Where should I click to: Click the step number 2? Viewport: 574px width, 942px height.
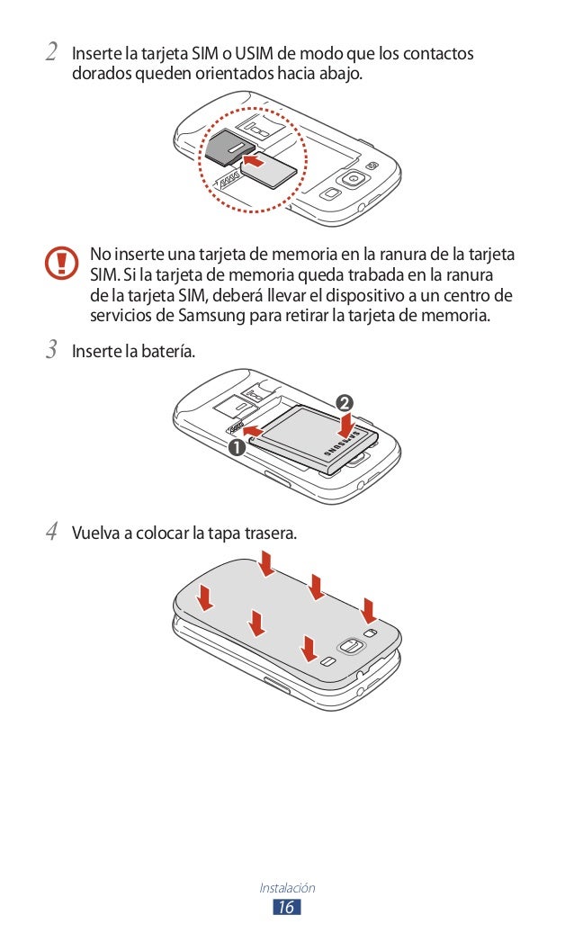pyautogui.click(x=52, y=51)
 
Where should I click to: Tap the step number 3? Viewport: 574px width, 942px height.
pyautogui.click(x=52, y=349)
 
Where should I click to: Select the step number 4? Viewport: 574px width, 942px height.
pyautogui.click(x=52, y=531)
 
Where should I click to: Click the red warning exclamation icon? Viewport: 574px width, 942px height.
pyautogui.click(x=61, y=263)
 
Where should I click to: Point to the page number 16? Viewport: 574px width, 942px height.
pyautogui.click(x=287, y=907)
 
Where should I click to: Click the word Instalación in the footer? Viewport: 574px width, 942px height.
pyautogui.click(x=287, y=887)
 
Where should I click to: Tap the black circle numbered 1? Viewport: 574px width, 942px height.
pyautogui.click(x=237, y=447)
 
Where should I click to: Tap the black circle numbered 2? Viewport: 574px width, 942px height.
pyautogui.click(x=345, y=402)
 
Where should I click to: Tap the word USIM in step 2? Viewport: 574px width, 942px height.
pyautogui.click(x=254, y=53)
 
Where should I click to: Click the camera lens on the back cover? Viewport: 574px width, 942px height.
pyautogui.click(x=351, y=646)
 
